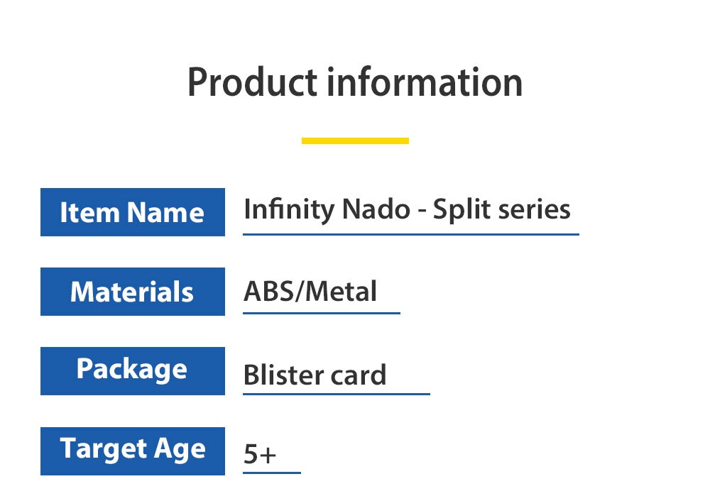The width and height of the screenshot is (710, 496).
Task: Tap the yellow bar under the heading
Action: pos(355,140)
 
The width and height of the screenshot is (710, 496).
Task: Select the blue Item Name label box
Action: pos(133,212)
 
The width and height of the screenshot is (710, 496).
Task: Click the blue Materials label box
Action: pos(133,292)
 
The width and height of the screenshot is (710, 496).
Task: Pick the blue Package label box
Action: pos(133,371)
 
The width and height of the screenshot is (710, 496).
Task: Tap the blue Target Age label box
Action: pos(133,451)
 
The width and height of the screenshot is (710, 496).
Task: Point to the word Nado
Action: pos(376,210)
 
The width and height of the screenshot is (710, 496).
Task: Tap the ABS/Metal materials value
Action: pos(310,292)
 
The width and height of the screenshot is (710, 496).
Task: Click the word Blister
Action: pos(283,375)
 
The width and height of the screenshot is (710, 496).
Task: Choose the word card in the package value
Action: pos(358,375)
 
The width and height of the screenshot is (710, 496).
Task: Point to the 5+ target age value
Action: pos(259,454)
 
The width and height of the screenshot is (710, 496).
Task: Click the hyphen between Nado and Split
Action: pos(422,211)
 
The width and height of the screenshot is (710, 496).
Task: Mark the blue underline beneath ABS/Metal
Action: pos(322,313)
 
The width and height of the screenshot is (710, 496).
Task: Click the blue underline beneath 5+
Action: pos(272,473)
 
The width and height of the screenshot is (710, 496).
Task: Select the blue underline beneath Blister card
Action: pos(337,394)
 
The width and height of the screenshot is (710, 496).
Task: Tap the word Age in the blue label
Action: pos(180,450)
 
